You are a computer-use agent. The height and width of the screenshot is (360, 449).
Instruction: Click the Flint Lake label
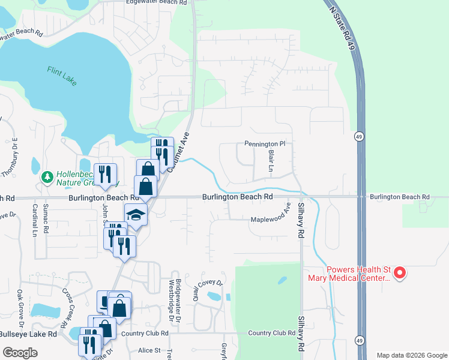[x=62, y=76]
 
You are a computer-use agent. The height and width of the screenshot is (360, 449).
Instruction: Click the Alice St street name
[x=149, y=350]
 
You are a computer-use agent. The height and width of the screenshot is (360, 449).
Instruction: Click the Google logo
[x=20, y=353]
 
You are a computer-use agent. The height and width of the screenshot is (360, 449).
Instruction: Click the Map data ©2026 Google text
[x=412, y=355]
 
